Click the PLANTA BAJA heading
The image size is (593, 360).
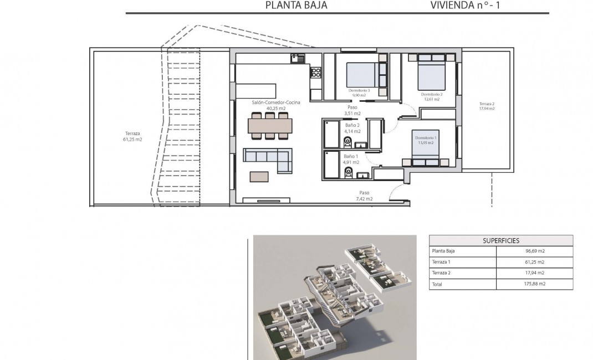click(x=296, y=6)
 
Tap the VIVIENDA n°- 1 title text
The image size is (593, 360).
click(x=469, y=6)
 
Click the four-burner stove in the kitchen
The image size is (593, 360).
click(x=316, y=71)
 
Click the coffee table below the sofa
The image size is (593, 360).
click(x=259, y=176)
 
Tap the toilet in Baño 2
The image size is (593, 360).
click(x=348, y=143)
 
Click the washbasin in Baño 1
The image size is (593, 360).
click(x=364, y=175)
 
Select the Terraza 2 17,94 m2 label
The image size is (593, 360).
click(x=487, y=106)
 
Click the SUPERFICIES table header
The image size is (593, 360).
click(x=501, y=240)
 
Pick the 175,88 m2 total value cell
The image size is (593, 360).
click(x=534, y=284)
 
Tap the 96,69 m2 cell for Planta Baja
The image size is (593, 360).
click(x=534, y=251)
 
